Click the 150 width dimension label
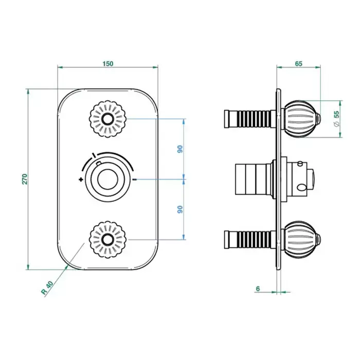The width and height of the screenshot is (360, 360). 107,64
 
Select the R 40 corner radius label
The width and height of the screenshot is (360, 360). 47,287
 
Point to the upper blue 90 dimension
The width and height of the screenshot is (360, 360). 179,149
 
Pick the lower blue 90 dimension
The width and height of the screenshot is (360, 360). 179,209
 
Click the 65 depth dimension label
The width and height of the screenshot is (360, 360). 298,64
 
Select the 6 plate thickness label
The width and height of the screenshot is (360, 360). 258,289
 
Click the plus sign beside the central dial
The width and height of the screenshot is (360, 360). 81,179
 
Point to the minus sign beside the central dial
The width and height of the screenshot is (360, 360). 134,179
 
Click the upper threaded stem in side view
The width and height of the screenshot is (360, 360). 249,119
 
